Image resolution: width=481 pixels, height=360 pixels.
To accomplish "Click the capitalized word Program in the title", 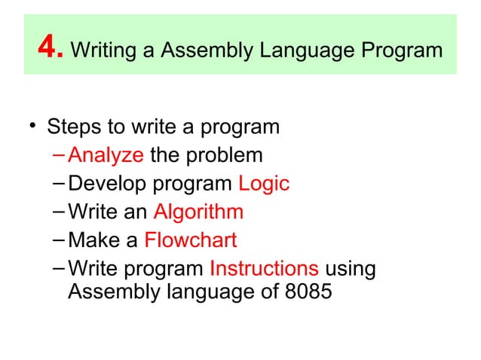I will pyautogui.click(x=397, y=51).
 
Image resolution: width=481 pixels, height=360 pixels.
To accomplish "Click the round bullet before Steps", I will pyautogui.click(x=33, y=126).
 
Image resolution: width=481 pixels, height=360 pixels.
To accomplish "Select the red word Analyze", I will pyautogui.click(x=106, y=156).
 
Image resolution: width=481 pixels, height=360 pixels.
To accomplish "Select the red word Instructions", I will pyautogui.click(x=264, y=269).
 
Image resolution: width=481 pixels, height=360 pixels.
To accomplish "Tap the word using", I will pyautogui.click(x=351, y=269).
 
